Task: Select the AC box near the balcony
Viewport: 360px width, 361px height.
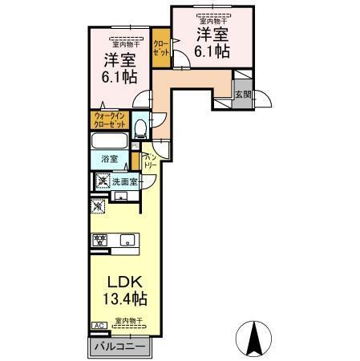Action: coord(98,326)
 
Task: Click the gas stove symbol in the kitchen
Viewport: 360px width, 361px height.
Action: coord(101,239)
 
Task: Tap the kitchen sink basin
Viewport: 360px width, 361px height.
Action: coord(127,239)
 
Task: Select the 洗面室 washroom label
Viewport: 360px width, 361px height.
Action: coord(125,181)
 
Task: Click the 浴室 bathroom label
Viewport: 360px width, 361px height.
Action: coord(110,159)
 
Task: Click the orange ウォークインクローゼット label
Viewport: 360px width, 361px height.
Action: coord(109,120)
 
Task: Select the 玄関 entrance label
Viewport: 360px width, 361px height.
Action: coord(242,93)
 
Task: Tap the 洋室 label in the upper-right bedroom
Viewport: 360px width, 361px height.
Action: coord(212,35)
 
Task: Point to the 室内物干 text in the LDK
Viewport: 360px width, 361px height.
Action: coord(128,320)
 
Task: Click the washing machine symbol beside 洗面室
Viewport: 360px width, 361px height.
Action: coord(102,180)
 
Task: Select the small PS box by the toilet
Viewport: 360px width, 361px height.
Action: coord(136,145)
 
